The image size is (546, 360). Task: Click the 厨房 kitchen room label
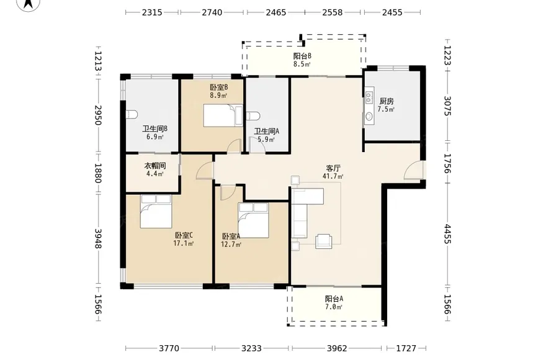tap(387, 101)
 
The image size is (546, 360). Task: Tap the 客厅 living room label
tap(333, 168)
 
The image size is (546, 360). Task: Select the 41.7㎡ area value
tap(333, 176)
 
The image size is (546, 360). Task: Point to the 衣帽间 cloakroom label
tap(155, 166)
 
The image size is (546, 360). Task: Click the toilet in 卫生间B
tap(132, 114)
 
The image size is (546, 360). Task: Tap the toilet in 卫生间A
tap(253, 115)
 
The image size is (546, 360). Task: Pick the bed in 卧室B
tap(223, 115)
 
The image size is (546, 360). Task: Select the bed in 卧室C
tap(156, 211)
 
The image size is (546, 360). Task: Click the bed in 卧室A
tap(253, 220)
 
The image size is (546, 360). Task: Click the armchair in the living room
tap(323, 241)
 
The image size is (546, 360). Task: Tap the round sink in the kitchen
tap(369, 117)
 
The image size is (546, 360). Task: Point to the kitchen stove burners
tap(369, 97)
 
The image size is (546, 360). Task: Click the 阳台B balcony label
tap(302, 56)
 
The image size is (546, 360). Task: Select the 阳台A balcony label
tap(334, 299)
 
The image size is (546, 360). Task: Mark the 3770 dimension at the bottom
tap(169, 348)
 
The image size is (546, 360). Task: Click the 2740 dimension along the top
tap(212, 12)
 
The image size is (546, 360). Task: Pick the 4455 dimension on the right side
tap(447, 234)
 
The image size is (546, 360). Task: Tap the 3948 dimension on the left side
tap(98, 239)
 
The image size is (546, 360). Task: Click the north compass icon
tap(29, 4)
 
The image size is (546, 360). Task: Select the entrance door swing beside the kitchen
tap(413, 171)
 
